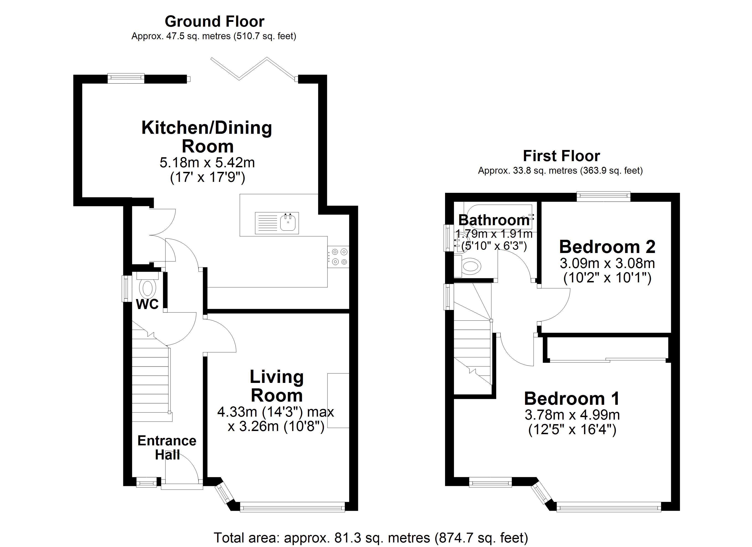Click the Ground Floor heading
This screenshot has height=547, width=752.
coord(214,22)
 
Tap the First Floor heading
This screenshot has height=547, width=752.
coord(561,156)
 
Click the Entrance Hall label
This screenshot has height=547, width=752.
coord(167,447)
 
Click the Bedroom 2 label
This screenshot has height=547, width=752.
coord(607,247)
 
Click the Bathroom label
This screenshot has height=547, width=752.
coord(494,220)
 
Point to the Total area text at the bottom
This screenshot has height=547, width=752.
coord(371,538)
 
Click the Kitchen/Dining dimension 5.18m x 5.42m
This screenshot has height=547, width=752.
coord(207,163)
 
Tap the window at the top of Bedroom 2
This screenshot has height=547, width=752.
coord(603,196)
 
